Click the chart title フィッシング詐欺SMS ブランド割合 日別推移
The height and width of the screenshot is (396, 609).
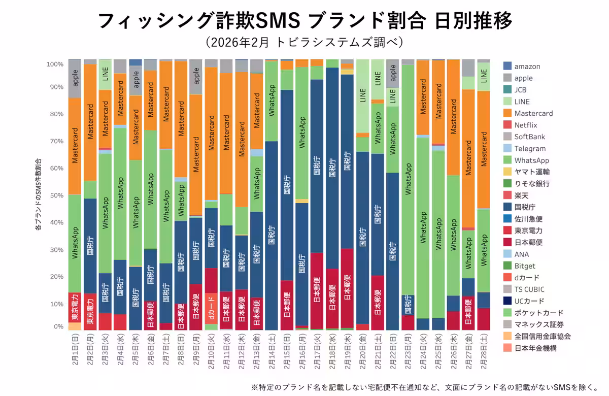304,21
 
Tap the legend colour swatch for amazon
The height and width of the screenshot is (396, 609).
507,67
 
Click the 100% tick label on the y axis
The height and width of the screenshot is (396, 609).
54,64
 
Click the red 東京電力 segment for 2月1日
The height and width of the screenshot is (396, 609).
75,308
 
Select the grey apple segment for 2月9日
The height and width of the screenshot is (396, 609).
196,77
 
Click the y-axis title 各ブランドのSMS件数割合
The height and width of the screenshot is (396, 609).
38,195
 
